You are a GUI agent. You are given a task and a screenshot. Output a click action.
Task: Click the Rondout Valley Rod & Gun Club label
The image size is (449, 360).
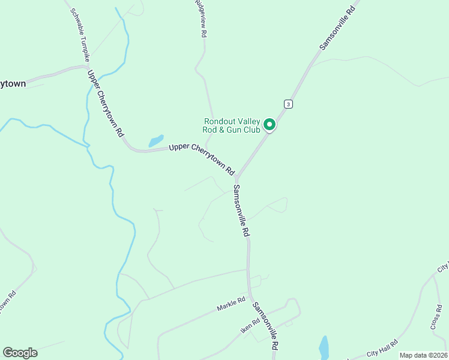click(232, 125)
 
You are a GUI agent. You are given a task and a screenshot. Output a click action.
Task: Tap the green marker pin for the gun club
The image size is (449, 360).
click(270, 125)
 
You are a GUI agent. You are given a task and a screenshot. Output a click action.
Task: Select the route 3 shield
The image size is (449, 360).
click(289, 104)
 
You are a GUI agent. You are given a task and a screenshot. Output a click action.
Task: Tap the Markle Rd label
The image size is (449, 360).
click(232, 304)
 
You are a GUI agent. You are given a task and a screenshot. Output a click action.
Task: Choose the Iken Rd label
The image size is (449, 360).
click(250, 324)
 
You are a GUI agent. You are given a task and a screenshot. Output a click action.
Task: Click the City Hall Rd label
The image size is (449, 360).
click(383, 347)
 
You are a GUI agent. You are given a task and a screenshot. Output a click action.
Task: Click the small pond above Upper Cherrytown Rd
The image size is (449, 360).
click(156, 141)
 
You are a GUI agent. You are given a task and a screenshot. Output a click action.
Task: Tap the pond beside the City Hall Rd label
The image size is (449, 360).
click(324, 347)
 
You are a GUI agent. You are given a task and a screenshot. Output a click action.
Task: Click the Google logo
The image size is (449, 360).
click(20, 353)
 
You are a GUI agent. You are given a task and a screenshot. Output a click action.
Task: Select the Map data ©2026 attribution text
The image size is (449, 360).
click(423, 355)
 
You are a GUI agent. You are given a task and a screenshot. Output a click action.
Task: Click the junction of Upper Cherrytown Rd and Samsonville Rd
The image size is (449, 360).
click(237, 178)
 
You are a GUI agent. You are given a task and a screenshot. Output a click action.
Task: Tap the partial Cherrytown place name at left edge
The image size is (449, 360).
click(13, 83)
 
